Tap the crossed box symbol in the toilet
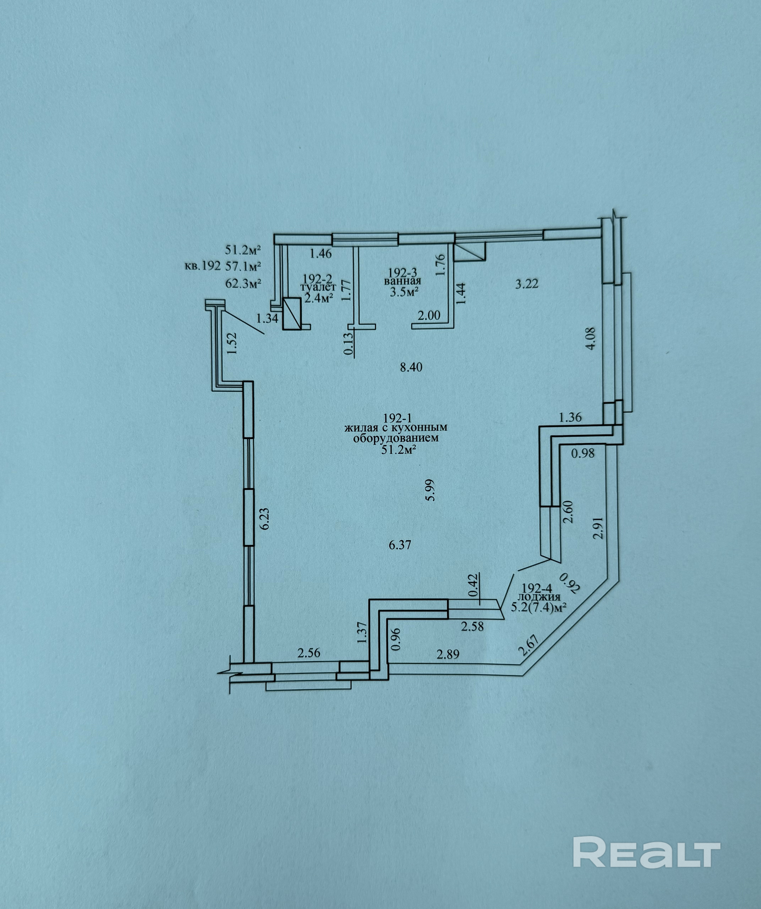click(292, 314)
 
